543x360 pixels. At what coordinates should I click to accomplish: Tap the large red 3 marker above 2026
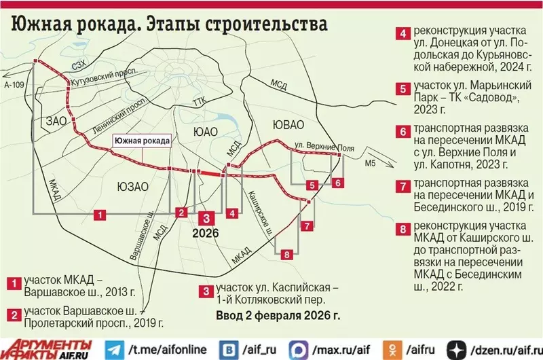(207, 217)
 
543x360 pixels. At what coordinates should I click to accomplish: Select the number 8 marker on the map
(287, 255)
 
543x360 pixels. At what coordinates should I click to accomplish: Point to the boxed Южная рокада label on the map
(141, 141)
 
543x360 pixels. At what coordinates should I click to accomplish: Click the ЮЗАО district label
(132, 185)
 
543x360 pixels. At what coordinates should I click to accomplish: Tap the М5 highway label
(369, 164)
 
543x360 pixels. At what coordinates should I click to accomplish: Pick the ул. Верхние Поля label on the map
(316, 146)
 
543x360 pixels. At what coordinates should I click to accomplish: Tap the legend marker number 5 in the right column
(403, 88)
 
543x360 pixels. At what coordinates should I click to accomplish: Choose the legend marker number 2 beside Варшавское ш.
(13, 314)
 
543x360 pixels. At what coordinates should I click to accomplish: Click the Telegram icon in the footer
(114, 347)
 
